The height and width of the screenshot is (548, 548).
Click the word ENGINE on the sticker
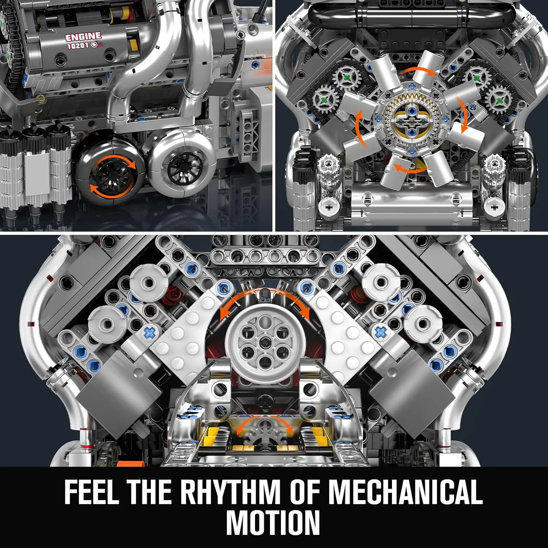(83, 37)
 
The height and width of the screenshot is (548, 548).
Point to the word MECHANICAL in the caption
(405, 492)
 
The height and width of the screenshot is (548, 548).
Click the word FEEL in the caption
(91, 492)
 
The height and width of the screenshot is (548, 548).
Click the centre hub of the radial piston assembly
(412, 119)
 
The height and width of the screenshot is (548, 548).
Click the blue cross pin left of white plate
(149, 332)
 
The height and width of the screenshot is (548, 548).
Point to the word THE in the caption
(149, 492)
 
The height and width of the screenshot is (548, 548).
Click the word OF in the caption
(305, 492)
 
